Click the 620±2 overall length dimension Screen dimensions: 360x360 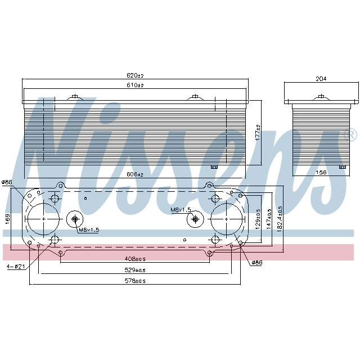pos(136,76)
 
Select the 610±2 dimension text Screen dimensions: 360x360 pos(136,85)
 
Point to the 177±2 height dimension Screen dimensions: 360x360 pos(257,132)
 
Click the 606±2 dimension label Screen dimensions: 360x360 pos(136,175)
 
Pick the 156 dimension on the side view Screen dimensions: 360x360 pos(322,172)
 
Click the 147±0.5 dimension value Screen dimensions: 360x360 pos(269,219)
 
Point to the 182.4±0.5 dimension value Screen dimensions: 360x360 pos(280,218)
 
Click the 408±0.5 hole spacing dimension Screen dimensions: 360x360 pos(135,259)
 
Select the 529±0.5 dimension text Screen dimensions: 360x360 pos(135,270)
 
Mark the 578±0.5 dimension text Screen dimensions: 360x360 pos(135,281)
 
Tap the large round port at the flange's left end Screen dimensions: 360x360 pos(43,218)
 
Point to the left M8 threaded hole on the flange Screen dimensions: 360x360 pos(75,219)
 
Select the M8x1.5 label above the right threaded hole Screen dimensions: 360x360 pos(181,210)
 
